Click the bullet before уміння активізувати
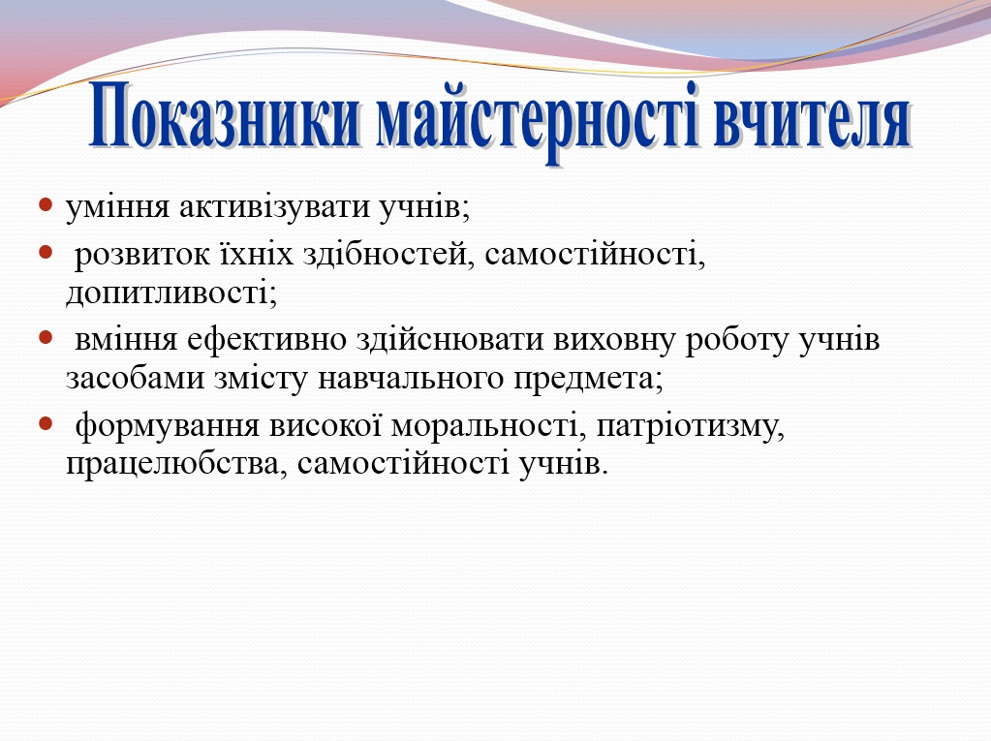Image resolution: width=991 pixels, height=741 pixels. pyautogui.click(x=46, y=205)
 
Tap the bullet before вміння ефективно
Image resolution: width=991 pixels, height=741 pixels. pyautogui.click(x=46, y=338)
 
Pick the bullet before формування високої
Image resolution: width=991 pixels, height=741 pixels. pyautogui.click(x=46, y=423)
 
